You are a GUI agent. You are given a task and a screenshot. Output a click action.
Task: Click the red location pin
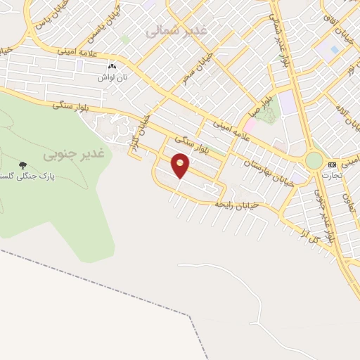(x=181, y=165)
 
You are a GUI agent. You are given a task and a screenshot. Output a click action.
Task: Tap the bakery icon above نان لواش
(x=112, y=66)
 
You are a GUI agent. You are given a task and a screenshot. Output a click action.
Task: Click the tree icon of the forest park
(x=24, y=164)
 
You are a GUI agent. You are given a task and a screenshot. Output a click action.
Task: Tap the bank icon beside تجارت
(x=331, y=165)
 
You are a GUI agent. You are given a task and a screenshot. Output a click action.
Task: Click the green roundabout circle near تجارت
(x=314, y=161)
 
